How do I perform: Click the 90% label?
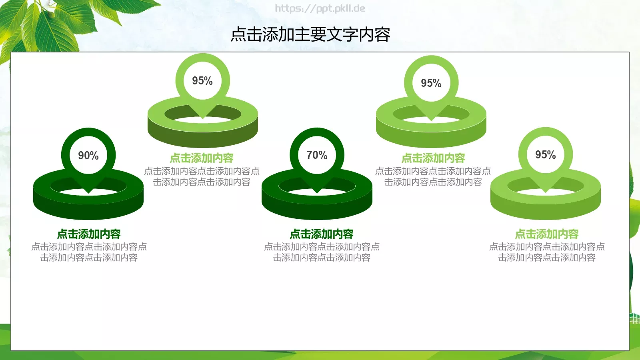click(88, 156)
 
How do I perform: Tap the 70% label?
click(317, 155)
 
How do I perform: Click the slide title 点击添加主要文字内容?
click(310, 35)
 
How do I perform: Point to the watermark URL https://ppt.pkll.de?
click(320, 8)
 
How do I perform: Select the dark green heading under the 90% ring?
click(89, 234)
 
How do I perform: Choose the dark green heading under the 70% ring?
click(322, 234)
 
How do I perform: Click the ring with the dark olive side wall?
click(203, 134)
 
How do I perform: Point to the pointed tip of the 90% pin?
click(89, 192)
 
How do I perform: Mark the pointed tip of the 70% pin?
click(317, 192)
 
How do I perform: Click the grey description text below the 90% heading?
click(89, 252)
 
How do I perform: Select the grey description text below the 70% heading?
click(322, 252)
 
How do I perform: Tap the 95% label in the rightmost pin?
click(546, 155)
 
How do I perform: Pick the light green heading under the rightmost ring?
click(547, 234)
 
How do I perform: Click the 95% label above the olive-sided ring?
click(202, 81)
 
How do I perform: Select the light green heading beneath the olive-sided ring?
click(202, 158)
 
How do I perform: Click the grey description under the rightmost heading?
click(547, 252)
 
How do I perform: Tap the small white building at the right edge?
click(635, 318)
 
